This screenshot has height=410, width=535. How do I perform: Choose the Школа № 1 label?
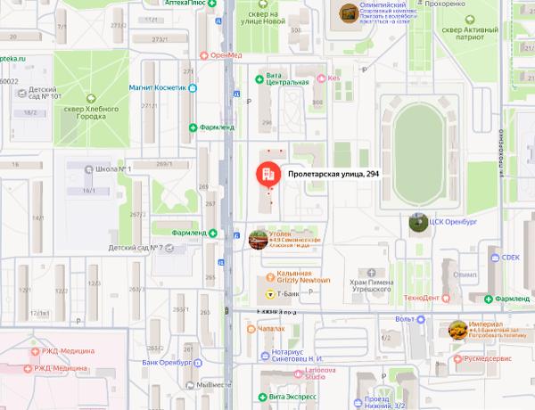point(115,168)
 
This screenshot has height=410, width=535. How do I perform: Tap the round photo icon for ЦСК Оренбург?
point(417,221)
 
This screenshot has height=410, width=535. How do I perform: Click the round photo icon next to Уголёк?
point(258,238)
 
